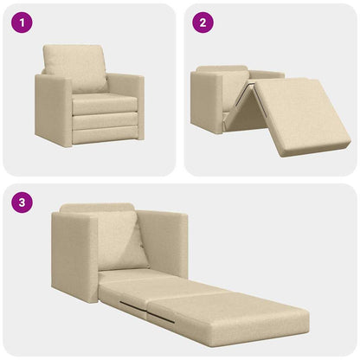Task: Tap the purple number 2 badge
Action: (202, 23)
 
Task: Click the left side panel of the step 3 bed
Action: (73, 255)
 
